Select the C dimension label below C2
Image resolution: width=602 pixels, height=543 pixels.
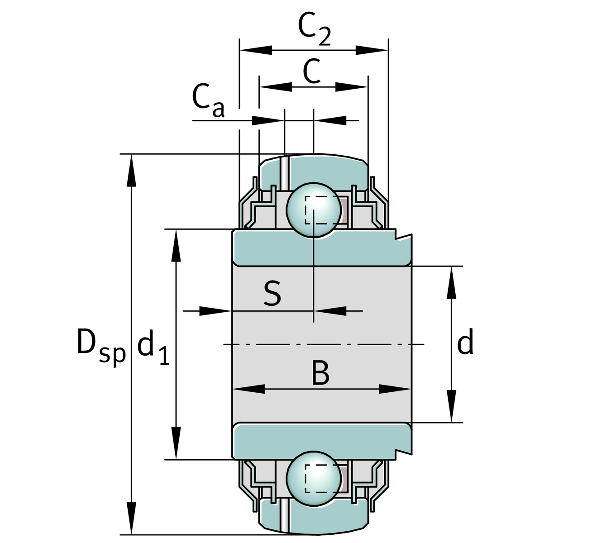coord(312,71)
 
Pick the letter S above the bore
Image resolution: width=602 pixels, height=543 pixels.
coord(272,293)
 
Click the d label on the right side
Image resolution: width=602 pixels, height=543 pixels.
coord(465,343)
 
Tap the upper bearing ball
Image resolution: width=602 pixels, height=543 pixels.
coord(314,210)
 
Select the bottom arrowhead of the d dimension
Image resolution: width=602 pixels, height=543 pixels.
coord(451,406)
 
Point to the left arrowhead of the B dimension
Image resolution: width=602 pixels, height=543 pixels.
coord(249,389)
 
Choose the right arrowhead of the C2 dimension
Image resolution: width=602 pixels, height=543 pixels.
coord(372,50)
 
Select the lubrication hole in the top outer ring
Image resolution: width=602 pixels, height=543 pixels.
coord(284,172)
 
